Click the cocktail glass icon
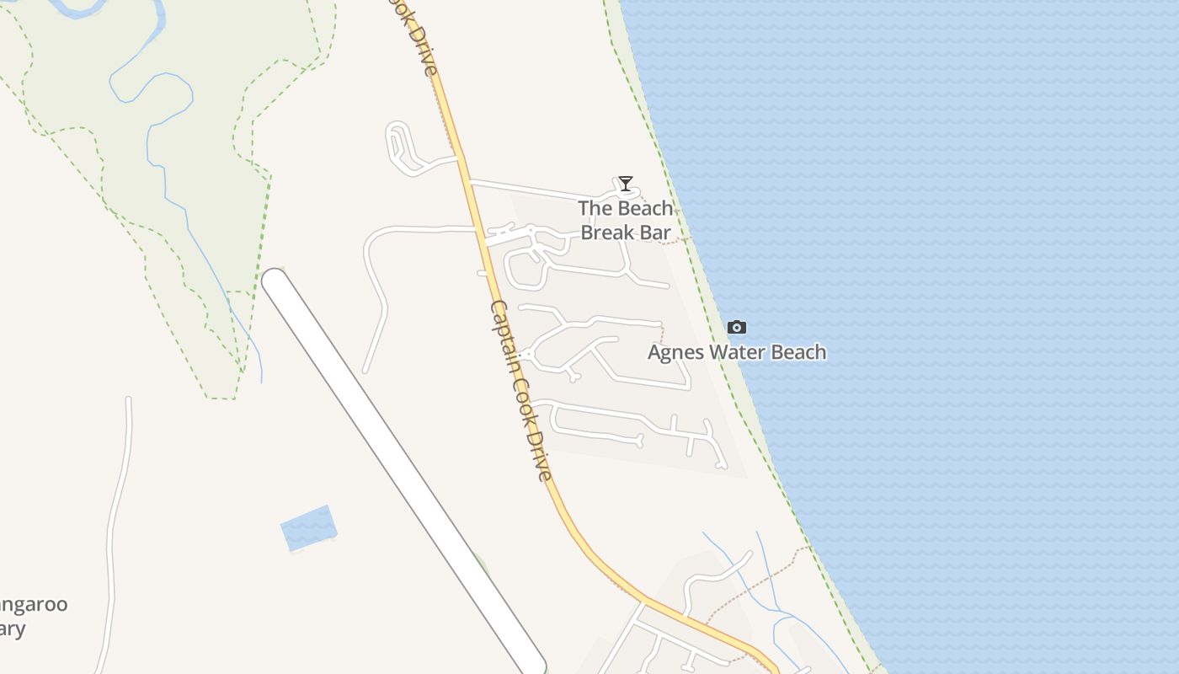pyautogui.click(x=625, y=183)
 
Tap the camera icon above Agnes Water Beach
pyautogui.click(x=737, y=327)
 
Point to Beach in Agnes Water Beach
pyautogui.click(x=799, y=352)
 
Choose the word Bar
pyautogui.click(x=657, y=233)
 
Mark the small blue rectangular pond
pyautogui.click(x=308, y=527)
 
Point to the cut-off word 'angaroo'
pyautogui.click(x=34, y=605)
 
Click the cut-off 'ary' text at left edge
pyautogui.click(x=13, y=629)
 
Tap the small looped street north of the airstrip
pyautogui.click(x=399, y=146)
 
